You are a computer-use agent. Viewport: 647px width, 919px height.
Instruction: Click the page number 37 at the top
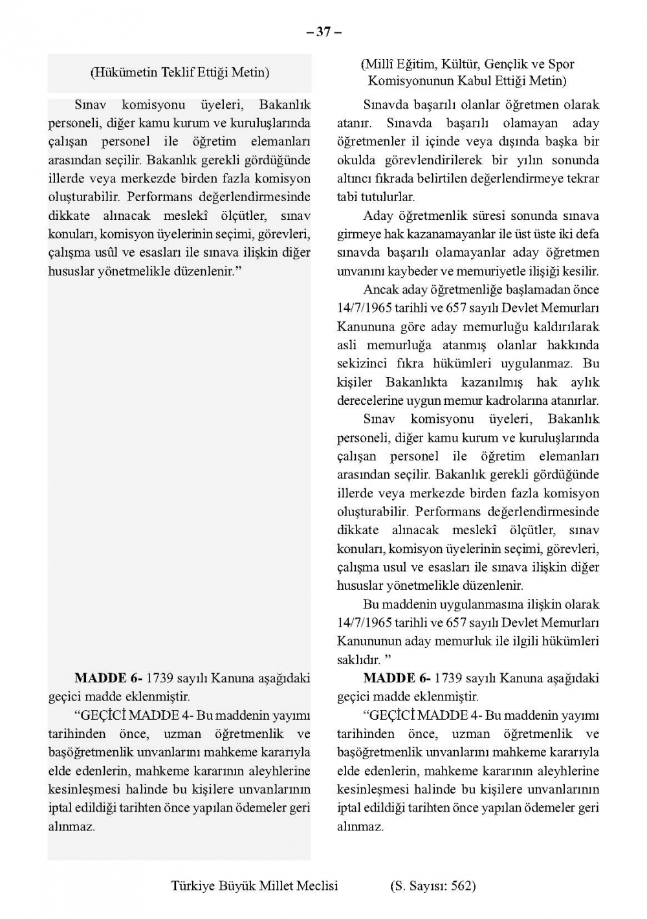[323, 32]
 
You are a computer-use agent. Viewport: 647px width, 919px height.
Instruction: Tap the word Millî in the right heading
[377, 64]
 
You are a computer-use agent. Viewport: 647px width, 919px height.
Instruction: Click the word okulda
[356, 160]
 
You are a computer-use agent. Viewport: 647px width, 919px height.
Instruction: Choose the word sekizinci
[363, 363]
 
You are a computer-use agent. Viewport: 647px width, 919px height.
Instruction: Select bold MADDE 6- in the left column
[108, 678]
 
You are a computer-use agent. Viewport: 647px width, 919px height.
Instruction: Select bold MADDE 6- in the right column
[397, 678]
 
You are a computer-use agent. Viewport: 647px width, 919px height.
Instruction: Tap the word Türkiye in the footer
[193, 886]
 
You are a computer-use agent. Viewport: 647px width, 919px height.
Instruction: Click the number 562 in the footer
[461, 886]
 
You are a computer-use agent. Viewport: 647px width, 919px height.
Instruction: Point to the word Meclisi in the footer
[317, 886]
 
